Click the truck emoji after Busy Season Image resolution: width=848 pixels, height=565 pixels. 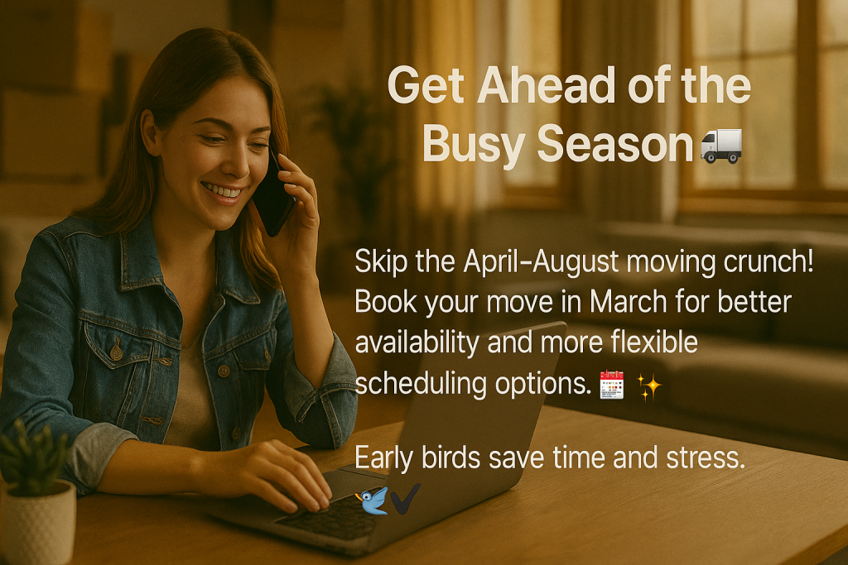click(721, 146)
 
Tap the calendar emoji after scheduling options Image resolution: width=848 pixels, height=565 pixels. click(610, 386)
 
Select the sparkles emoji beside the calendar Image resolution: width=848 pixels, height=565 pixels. click(649, 386)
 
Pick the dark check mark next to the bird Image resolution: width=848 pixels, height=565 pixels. click(406, 499)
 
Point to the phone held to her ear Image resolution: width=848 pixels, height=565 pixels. click(274, 194)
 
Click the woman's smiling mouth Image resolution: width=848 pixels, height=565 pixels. click(222, 191)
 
